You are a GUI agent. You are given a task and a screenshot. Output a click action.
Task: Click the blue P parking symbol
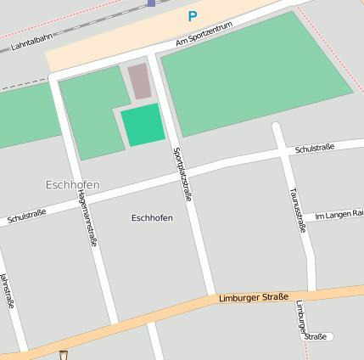point(193,16)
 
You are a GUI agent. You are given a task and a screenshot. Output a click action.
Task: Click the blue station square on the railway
point(151,3)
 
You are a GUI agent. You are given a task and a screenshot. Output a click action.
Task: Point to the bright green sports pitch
point(142,125)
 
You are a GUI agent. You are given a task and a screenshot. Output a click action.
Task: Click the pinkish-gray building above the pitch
point(139,81)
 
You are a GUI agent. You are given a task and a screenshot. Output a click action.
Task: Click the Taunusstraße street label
point(298,209)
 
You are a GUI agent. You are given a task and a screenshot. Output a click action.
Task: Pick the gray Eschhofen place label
point(72,184)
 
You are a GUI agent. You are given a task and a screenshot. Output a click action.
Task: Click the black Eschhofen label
point(152,218)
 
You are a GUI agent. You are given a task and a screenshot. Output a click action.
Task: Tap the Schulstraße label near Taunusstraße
point(314,149)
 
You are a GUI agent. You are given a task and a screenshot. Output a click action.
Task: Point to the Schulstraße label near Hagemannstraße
point(26,217)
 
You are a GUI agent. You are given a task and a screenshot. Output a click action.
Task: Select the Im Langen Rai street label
point(339,215)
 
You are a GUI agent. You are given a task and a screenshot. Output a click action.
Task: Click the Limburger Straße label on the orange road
point(253,297)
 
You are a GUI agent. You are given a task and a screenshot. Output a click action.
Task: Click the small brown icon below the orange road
point(64,355)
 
